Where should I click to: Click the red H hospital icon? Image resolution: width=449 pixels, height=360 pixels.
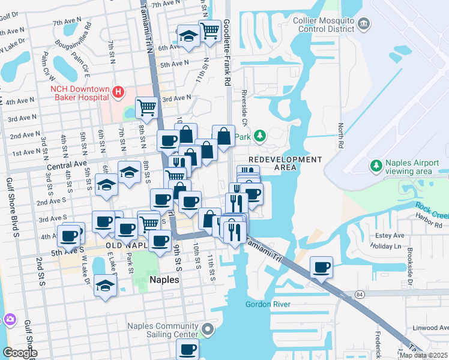click(118, 92)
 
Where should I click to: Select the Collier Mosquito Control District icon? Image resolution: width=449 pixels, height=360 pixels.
click(364, 24)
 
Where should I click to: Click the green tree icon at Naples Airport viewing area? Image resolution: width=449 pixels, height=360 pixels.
click(376, 165)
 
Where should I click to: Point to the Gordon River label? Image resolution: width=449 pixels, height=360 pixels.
click(268, 304)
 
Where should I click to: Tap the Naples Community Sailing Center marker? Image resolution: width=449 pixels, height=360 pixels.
click(208, 329)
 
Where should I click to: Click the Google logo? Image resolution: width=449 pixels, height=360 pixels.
click(20, 353)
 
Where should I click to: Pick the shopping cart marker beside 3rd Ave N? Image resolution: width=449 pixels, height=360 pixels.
click(146, 107)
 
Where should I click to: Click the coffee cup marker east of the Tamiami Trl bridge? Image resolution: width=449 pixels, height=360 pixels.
click(322, 266)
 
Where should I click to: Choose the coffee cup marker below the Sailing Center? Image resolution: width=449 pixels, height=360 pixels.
click(187, 348)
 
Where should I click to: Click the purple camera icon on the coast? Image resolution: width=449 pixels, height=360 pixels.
click(8, 319)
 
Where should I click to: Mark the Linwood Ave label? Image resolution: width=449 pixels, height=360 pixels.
click(427, 328)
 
